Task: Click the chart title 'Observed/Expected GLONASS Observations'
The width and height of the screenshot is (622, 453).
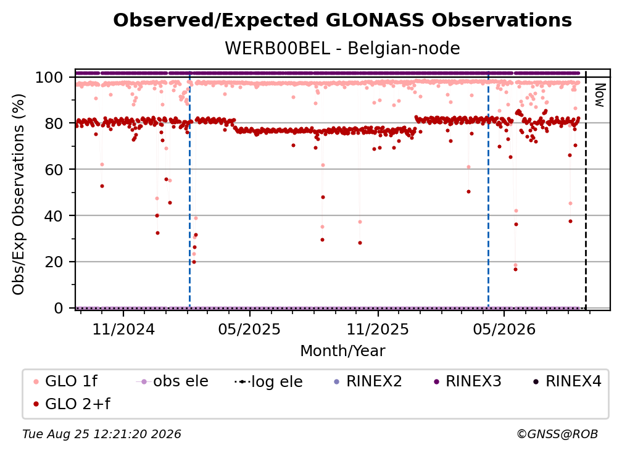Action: coord(342,20)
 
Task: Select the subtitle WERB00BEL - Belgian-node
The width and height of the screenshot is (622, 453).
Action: coord(342,48)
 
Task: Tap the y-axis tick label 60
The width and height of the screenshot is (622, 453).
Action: coord(54,170)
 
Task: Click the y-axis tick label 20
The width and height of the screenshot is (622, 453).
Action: coord(54,262)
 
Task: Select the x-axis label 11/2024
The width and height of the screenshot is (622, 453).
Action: coord(123,329)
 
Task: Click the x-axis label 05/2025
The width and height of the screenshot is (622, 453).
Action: coord(249,329)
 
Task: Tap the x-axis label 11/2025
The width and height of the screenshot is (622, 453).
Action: coord(378,329)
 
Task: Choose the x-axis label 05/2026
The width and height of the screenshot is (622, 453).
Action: coord(504,329)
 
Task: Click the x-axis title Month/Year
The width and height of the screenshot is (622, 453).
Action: coord(342,351)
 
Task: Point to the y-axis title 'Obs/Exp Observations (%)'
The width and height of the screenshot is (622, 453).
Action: coord(19,194)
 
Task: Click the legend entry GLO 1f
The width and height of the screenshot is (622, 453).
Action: coord(66,381)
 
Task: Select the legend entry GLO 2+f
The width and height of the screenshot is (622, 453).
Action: coord(72,404)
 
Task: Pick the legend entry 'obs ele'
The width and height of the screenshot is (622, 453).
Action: coord(172,381)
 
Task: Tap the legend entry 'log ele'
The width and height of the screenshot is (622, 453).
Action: coord(268,381)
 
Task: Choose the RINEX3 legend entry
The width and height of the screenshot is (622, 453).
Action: coord(468,381)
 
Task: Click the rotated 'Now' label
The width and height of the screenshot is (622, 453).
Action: coord(599,95)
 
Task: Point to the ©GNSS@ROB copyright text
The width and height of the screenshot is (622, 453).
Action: coord(557,434)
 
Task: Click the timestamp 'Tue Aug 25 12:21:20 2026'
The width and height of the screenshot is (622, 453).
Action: coord(102,434)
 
